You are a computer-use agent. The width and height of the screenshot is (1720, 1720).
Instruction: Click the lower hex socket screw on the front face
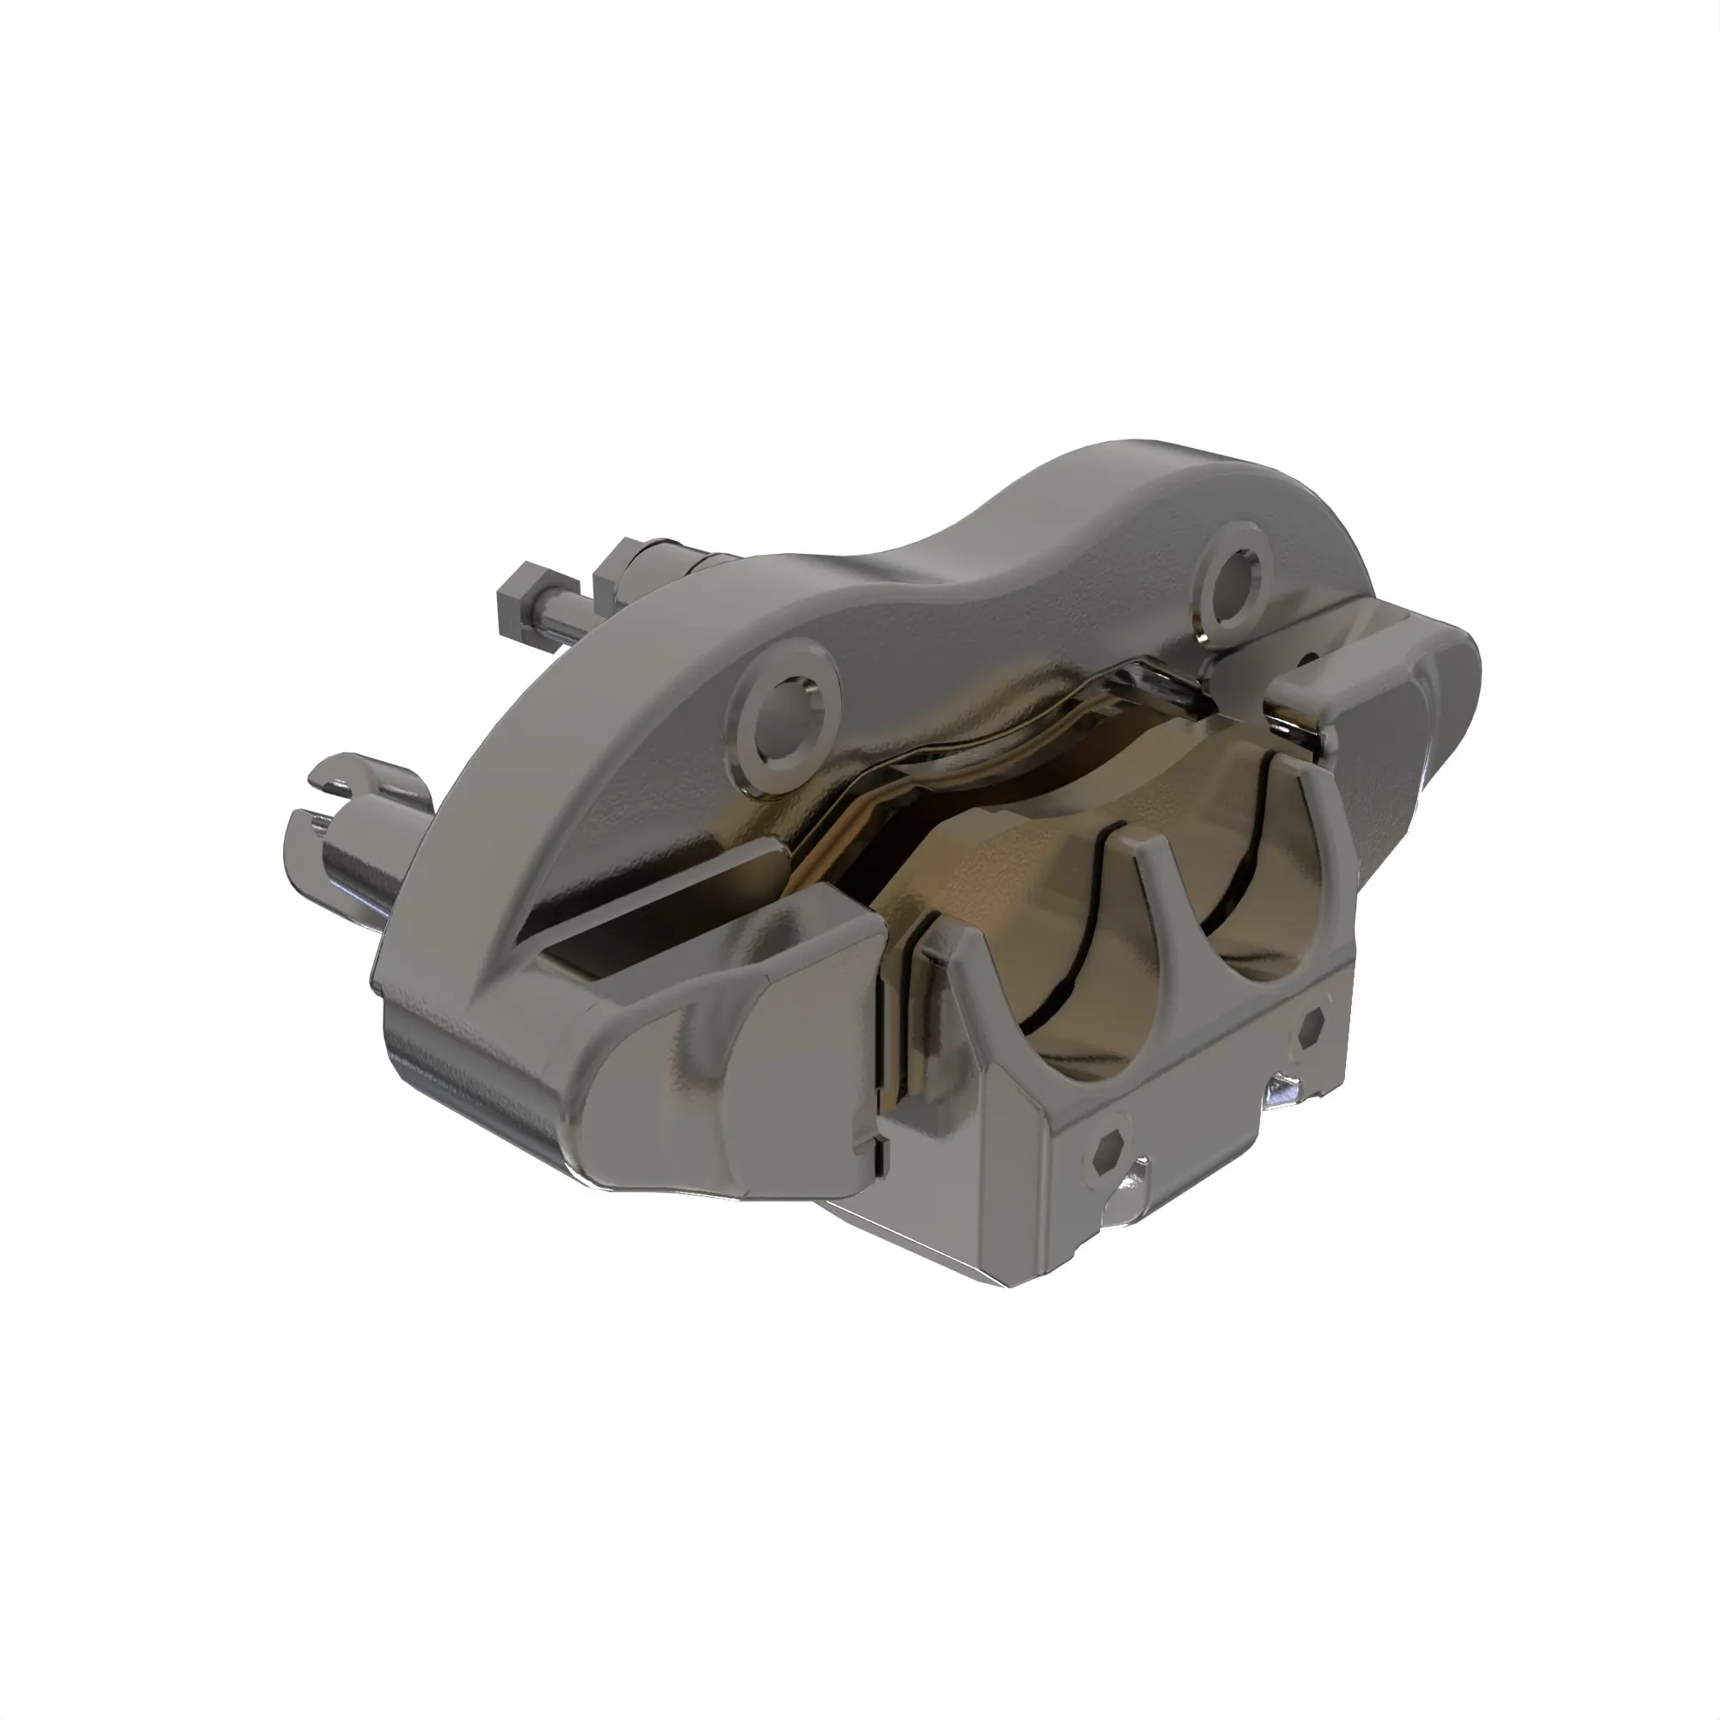click(x=1108, y=1157)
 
